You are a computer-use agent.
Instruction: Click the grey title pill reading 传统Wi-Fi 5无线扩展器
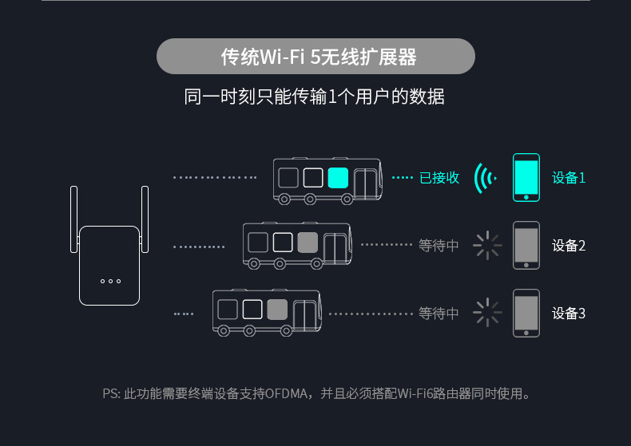[x=315, y=57]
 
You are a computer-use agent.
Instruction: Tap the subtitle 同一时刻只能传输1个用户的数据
[x=315, y=97]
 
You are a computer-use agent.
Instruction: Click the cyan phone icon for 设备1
[x=526, y=177]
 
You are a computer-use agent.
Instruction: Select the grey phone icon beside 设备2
[x=526, y=245]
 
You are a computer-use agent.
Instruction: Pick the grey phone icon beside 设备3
[x=526, y=313]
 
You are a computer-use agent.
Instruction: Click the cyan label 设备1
[x=569, y=177]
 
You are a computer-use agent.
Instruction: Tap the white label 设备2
[x=569, y=245]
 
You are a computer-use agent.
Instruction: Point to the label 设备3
[x=569, y=313]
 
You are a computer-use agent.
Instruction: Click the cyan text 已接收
[x=439, y=177]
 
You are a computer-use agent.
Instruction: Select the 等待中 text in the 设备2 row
[x=439, y=245]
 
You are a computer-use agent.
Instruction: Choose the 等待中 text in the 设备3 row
[x=439, y=313]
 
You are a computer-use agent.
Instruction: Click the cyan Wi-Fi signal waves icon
[x=484, y=177]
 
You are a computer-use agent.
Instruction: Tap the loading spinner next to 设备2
[x=486, y=245]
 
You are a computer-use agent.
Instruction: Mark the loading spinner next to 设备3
[x=486, y=313]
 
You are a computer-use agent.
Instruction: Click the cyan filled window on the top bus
[x=338, y=177]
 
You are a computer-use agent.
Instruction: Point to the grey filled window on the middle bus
[x=308, y=242]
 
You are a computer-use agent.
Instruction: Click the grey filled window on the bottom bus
[x=277, y=310]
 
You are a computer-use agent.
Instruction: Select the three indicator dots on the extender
[x=110, y=281]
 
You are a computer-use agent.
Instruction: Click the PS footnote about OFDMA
[x=316, y=393]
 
